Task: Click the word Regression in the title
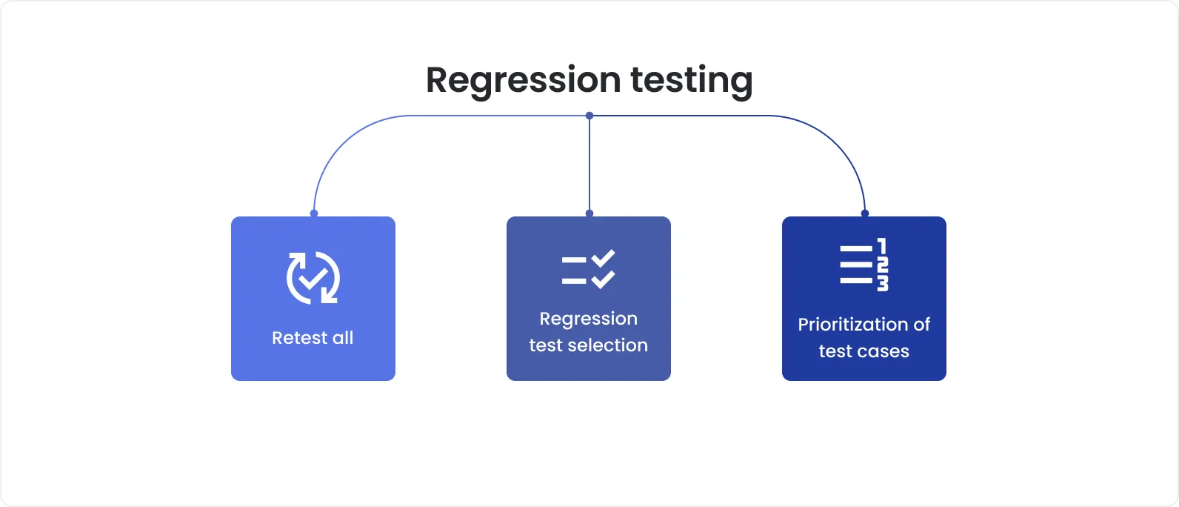click(523, 80)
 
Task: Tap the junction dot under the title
click(589, 116)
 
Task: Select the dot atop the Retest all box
click(314, 213)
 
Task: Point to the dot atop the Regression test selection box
click(589, 213)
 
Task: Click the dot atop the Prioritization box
click(864, 213)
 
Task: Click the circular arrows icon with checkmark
click(313, 278)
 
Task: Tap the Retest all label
click(313, 338)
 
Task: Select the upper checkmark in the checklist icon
click(604, 259)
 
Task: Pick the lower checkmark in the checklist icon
click(604, 279)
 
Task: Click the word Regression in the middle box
click(588, 319)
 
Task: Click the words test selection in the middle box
click(588, 345)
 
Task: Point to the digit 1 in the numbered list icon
click(882, 246)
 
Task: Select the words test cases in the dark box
click(864, 351)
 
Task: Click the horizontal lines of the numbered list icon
click(856, 265)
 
